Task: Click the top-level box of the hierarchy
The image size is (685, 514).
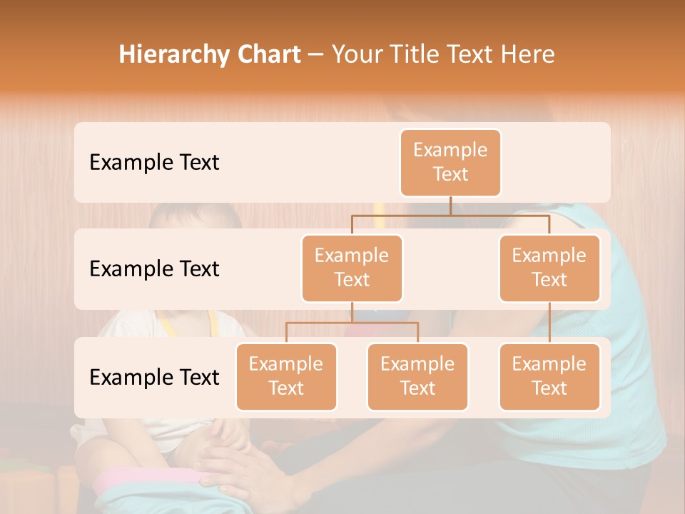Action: tap(450, 163)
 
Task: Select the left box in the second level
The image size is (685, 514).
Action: tap(352, 268)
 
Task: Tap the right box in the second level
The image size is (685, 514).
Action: tap(549, 268)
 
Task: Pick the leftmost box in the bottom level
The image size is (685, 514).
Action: tap(286, 377)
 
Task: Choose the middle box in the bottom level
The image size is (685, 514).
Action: tap(417, 377)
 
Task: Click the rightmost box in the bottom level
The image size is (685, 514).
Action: tap(549, 377)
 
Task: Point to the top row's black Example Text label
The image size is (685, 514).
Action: tap(154, 163)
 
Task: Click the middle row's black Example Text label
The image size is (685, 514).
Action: tap(154, 269)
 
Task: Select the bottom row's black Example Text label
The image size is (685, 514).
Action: tap(154, 377)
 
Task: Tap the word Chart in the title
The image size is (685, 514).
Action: tap(268, 54)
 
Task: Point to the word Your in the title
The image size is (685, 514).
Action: tap(355, 55)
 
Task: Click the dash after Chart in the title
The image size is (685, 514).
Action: tap(315, 56)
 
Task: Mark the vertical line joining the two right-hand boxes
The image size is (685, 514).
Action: tap(549, 323)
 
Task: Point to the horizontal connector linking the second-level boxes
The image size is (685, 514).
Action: tap(450, 215)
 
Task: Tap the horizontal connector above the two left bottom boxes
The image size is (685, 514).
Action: tap(352, 323)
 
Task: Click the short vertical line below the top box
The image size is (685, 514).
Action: tap(450, 206)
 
